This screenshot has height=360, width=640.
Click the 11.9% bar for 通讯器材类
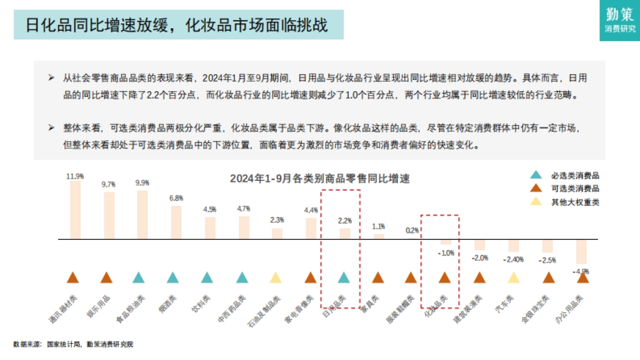click(76, 210)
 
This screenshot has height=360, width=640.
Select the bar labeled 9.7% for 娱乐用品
click(109, 215)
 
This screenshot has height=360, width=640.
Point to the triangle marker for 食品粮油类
click(138, 278)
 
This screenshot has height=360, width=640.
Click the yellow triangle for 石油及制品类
click(275, 278)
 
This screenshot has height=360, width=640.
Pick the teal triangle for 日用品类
click(343, 278)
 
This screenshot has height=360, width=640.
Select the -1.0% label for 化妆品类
click(446, 253)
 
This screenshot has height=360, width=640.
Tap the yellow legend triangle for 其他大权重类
click(536, 202)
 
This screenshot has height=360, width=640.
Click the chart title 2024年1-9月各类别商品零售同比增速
click(320, 179)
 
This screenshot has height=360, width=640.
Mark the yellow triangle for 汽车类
click(514, 278)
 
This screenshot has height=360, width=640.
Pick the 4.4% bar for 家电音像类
click(311, 229)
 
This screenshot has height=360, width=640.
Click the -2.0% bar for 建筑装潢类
click(480, 245)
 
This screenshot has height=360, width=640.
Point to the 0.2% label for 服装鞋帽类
click(412, 231)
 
